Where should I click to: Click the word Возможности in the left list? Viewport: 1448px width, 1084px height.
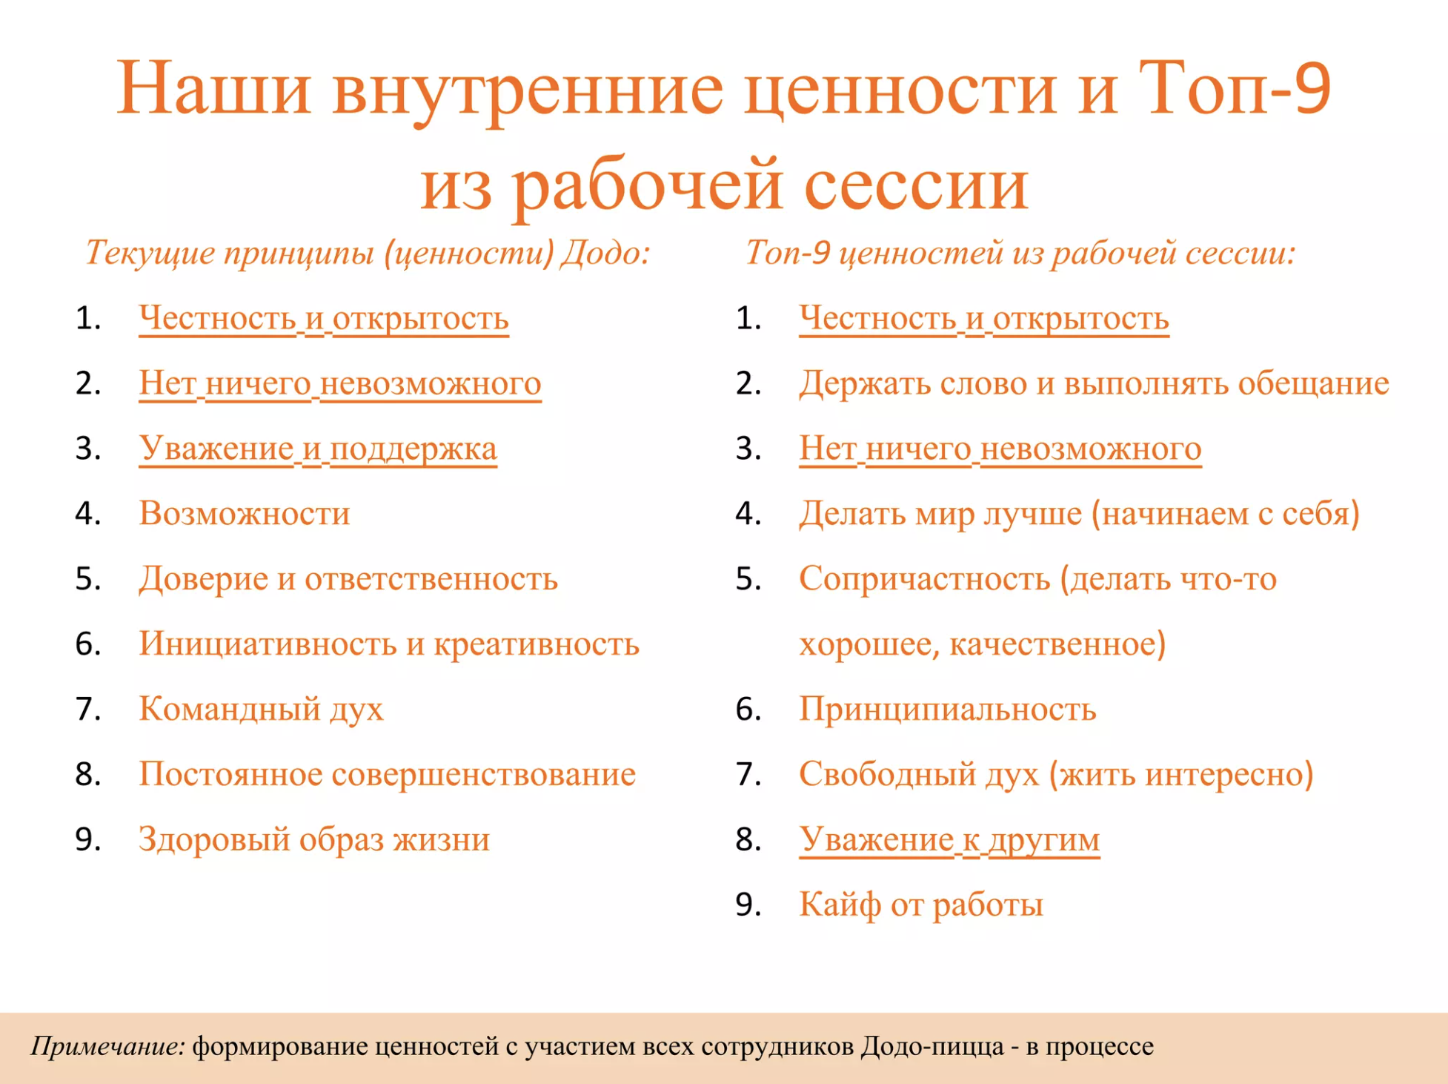[245, 513]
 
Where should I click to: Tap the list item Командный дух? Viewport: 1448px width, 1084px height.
[261, 709]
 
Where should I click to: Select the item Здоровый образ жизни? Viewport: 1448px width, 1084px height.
[314, 839]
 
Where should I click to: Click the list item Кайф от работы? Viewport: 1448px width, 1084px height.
[921, 905]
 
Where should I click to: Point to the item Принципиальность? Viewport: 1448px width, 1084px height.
[948, 709]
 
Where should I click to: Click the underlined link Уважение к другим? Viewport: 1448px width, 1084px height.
[949, 839]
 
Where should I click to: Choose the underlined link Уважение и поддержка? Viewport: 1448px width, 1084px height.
[318, 449]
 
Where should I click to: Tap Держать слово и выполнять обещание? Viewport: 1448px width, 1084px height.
[1094, 383]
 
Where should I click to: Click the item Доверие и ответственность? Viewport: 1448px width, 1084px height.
[348, 578]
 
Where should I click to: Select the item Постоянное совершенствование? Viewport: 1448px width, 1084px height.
[387, 774]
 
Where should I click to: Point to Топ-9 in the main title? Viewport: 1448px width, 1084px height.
[1235, 88]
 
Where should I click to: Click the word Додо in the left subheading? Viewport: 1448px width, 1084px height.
[605, 253]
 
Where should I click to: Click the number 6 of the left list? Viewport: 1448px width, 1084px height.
[87, 644]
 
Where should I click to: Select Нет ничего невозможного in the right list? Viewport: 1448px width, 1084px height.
[1000, 449]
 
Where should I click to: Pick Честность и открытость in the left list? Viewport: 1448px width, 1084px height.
[324, 318]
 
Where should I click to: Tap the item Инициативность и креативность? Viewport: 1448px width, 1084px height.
[389, 644]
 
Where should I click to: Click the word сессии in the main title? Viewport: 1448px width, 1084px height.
[916, 183]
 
